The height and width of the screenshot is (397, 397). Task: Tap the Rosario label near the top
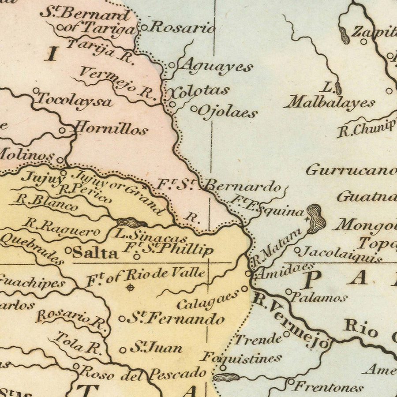pyautogui.click(x=182, y=27)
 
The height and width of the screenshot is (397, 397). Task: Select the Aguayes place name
pyautogui.click(x=217, y=67)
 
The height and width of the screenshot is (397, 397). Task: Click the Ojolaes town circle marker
pyautogui.click(x=194, y=109)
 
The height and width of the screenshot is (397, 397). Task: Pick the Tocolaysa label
pyautogui.click(x=74, y=100)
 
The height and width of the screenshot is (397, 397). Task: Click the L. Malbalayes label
pyautogui.click(x=329, y=97)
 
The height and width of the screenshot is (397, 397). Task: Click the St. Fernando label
pyautogui.click(x=176, y=318)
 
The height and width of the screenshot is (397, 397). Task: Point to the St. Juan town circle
pyautogui.click(x=123, y=350)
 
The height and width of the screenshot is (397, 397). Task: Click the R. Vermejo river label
pyautogui.click(x=291, y=321)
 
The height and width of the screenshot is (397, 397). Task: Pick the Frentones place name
pyautogui.click(x=328, y=388)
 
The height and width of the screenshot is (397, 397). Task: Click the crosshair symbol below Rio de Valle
pyautogui.click(x=130, y=288)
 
